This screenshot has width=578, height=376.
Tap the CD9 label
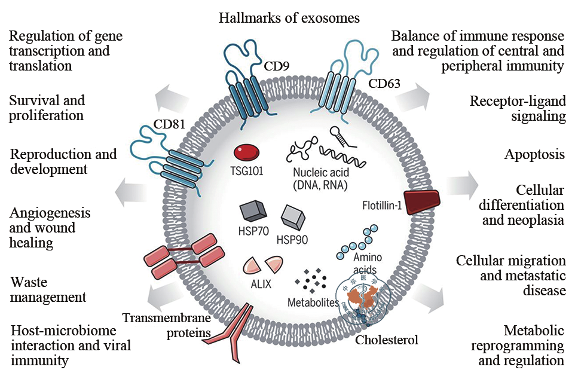(x=277, y=64)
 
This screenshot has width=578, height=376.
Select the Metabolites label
(x=314, y=302)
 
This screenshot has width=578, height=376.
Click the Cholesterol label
(x=386, y=341)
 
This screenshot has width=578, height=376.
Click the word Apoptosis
(x=536, y=155)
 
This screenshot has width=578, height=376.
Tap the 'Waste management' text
(x=48, y=289)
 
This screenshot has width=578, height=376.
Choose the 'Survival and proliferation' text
(x=47, y=107)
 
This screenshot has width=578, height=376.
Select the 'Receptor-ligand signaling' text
(x=518, y=108)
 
